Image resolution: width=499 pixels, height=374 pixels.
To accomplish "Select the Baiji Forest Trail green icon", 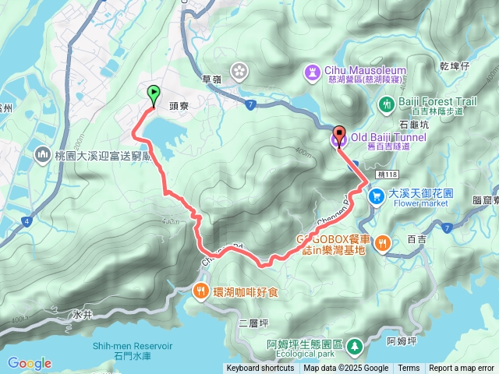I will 385,103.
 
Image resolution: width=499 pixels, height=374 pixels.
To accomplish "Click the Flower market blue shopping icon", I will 376,196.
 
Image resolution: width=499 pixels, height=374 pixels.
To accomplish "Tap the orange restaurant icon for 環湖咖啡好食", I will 200,291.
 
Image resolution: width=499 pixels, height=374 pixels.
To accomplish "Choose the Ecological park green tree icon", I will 355,344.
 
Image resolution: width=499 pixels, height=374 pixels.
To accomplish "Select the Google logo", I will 30,363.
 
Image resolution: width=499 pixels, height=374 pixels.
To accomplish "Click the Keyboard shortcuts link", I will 260,369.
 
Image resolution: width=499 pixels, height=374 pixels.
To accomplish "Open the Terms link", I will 409,369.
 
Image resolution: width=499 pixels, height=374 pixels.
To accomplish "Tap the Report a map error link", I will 461,369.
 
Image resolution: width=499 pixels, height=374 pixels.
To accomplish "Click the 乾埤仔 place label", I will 454,66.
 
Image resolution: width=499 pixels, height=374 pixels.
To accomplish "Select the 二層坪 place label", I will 253,323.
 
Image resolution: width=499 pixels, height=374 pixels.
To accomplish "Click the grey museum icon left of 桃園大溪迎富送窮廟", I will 41,154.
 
